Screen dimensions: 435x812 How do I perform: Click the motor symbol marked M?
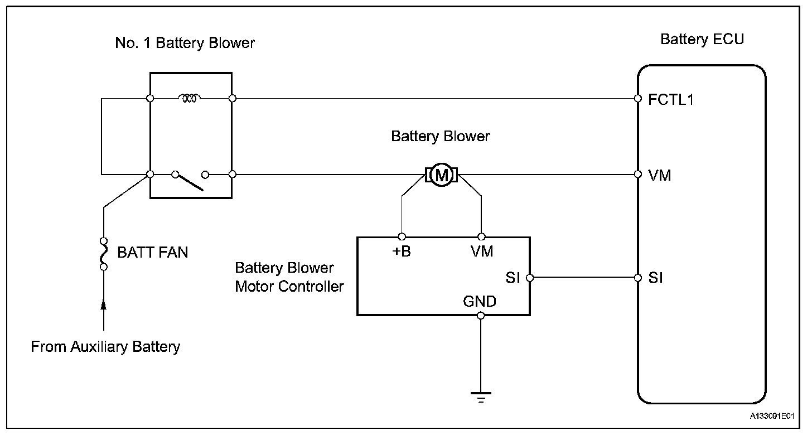click(442, 175)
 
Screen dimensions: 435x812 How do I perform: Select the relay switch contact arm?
click(188, 182)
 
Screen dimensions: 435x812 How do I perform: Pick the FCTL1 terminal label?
click(671, 100)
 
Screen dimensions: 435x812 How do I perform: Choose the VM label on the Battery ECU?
click(660, 176)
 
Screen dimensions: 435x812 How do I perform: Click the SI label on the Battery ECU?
click(656, 278)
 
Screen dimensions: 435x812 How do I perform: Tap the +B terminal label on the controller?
click(402, 252)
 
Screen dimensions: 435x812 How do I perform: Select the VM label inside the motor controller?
click(482, 252)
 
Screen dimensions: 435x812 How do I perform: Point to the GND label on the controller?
click(480, 302)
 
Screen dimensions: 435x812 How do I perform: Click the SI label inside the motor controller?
click(513, 278)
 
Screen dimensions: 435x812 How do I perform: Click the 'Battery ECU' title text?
click(702, 40)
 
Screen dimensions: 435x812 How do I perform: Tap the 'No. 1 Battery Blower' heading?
click(185, 43)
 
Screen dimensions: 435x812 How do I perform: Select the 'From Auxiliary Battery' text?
click(105, 347)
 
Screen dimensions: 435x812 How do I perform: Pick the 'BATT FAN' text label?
click(152, 253)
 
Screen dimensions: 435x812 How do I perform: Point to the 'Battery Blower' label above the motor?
click(440, 137)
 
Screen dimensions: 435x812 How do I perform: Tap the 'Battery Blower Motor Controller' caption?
click(289, 277)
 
